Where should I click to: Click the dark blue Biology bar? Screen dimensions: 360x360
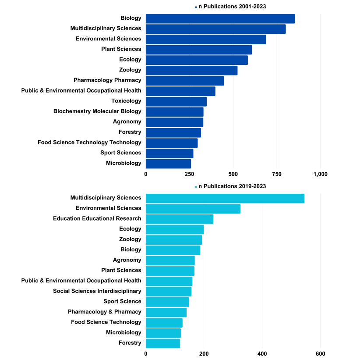220,18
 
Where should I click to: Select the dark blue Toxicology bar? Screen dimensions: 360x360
176,101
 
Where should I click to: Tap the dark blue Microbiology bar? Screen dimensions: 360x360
168,164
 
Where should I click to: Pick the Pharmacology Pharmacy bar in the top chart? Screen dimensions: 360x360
185,81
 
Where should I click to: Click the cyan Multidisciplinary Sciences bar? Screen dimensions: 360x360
225,198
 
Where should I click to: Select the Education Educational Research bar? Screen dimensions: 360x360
180,219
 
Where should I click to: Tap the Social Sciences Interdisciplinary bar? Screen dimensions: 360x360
169,291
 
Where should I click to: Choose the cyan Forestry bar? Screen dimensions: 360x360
162,343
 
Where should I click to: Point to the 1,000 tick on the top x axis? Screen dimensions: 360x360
320,174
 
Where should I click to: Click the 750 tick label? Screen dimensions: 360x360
277,174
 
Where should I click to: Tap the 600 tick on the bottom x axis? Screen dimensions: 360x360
320,353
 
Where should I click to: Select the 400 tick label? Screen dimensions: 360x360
262,353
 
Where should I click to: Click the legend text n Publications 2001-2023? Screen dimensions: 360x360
232,7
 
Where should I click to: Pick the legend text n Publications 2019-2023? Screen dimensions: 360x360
232,186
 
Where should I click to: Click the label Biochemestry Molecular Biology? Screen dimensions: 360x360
97,111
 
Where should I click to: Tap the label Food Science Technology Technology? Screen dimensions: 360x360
89,143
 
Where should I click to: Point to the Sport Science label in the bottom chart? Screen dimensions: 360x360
122,302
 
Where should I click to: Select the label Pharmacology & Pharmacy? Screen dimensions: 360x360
105,312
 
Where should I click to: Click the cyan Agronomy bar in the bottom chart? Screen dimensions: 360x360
170,260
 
